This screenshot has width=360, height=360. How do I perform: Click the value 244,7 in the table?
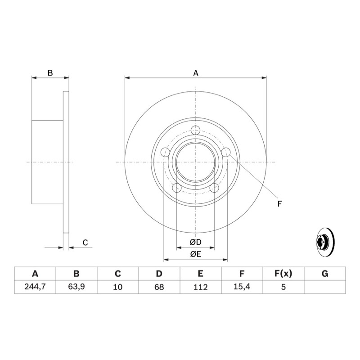click(35, 287)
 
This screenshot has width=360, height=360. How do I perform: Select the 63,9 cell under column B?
click(76, 287)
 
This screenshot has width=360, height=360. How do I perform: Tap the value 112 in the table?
click(200, 287)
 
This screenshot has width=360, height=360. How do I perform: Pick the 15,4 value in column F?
click(242, 287)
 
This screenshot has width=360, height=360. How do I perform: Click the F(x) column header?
click(283, 274)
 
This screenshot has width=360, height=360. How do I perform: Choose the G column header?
click(325, 274)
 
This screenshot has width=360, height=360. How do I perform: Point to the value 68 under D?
click(159, 287)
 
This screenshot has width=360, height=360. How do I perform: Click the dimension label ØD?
click(196, 242)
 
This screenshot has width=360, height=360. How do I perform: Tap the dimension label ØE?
click(196, 254)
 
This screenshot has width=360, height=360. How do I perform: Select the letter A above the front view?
click(196, 73)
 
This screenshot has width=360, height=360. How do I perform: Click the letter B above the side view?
click(50, 73)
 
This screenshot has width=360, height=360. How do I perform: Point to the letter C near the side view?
click(85, 243)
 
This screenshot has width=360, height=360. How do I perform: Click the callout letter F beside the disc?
click(279, 204)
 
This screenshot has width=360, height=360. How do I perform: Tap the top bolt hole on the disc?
click(196, 130)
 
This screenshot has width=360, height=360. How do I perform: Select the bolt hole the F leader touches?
click(226, 152)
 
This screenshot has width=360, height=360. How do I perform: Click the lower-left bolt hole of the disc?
click(177, 188)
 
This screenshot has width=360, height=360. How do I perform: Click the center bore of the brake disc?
click(196, 162)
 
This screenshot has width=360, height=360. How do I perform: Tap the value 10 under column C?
click(118, 287)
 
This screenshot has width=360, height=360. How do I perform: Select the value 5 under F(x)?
click(283, 287)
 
